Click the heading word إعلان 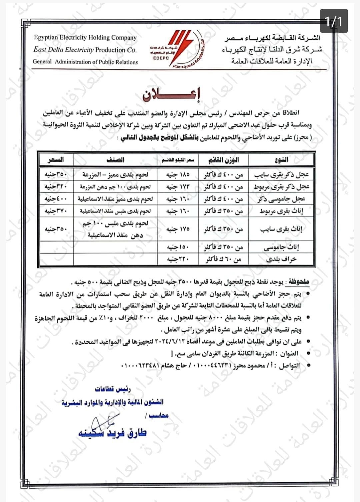[x=172, y=95]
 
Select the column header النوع [x=282, y=160]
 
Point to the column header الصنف [x=115, y=160]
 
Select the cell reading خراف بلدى [x=282, y=259]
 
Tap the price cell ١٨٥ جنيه [x=178, y=174]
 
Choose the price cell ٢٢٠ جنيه [x=178, y=259]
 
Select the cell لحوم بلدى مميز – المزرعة [x=115, y=174]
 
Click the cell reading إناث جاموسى [x=282, y=247]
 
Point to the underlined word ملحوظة [x=299, y=282]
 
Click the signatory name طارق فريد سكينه [x=112, y=433]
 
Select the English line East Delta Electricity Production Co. [x=85, y=50]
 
